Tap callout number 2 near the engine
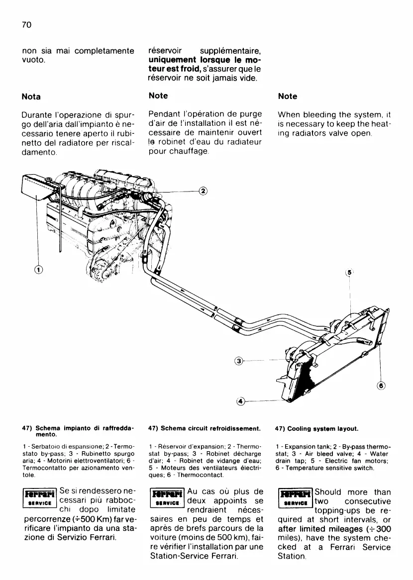point(203,191)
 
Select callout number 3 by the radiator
point(239,361)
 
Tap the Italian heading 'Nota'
point(31,97)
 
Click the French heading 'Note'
point(158,96)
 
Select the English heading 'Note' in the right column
point(288,96)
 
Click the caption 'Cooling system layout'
point(315,428)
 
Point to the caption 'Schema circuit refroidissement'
point(205,428)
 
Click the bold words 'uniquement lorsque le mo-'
point(206,60)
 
